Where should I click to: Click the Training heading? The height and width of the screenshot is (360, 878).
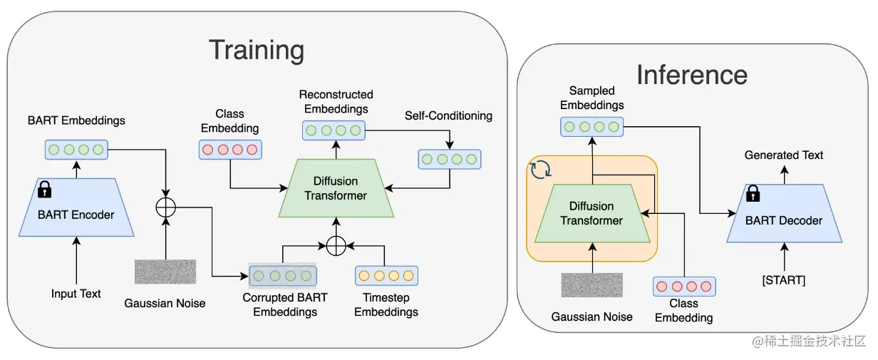(x=257, y=51)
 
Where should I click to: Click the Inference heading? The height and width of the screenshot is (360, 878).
(x=692, y=75)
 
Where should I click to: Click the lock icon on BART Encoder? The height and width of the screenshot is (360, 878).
(x=45, y=189)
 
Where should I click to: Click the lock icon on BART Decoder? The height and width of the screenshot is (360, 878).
(x=753, y=193)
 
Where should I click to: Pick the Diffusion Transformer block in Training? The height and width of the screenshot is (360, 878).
(x=336, y=188)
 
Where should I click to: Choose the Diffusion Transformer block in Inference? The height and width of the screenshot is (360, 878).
(x=592, y=213)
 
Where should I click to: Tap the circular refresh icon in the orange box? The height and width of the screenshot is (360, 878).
(x=541, y=170)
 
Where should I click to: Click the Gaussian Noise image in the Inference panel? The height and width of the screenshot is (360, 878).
(x=592, y=285)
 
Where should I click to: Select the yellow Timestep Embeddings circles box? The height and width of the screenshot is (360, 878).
(x=386, y=276)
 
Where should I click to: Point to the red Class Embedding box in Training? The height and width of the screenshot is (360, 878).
(x=230, y=150)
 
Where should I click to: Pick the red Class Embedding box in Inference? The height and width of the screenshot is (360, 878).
(x=684, y=287)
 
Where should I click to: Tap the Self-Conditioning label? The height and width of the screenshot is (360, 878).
(x=448, y=115)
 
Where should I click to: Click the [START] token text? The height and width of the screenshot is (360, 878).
(x=784, y=280)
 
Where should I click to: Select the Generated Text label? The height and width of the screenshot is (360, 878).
(x=784, y=155)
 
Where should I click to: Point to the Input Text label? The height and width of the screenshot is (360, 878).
(x=76, y=294)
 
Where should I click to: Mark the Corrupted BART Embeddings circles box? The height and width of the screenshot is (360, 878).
(x=283, y=276)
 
